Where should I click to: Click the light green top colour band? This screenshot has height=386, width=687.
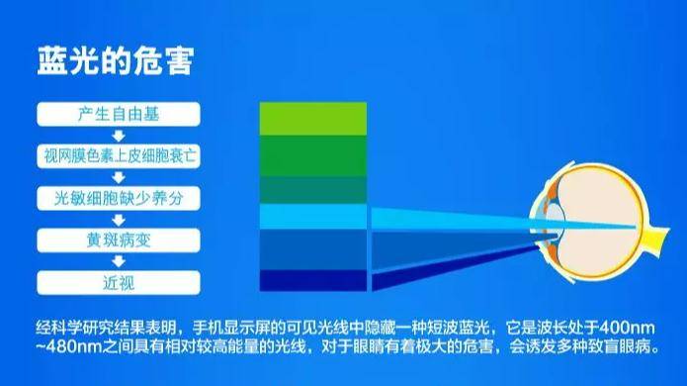click(312, 118)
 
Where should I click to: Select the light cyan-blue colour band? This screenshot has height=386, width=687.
click(312, 216)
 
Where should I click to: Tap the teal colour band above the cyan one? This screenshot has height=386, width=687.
click(312, 189)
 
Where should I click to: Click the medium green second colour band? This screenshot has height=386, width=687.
click(312, 155)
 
